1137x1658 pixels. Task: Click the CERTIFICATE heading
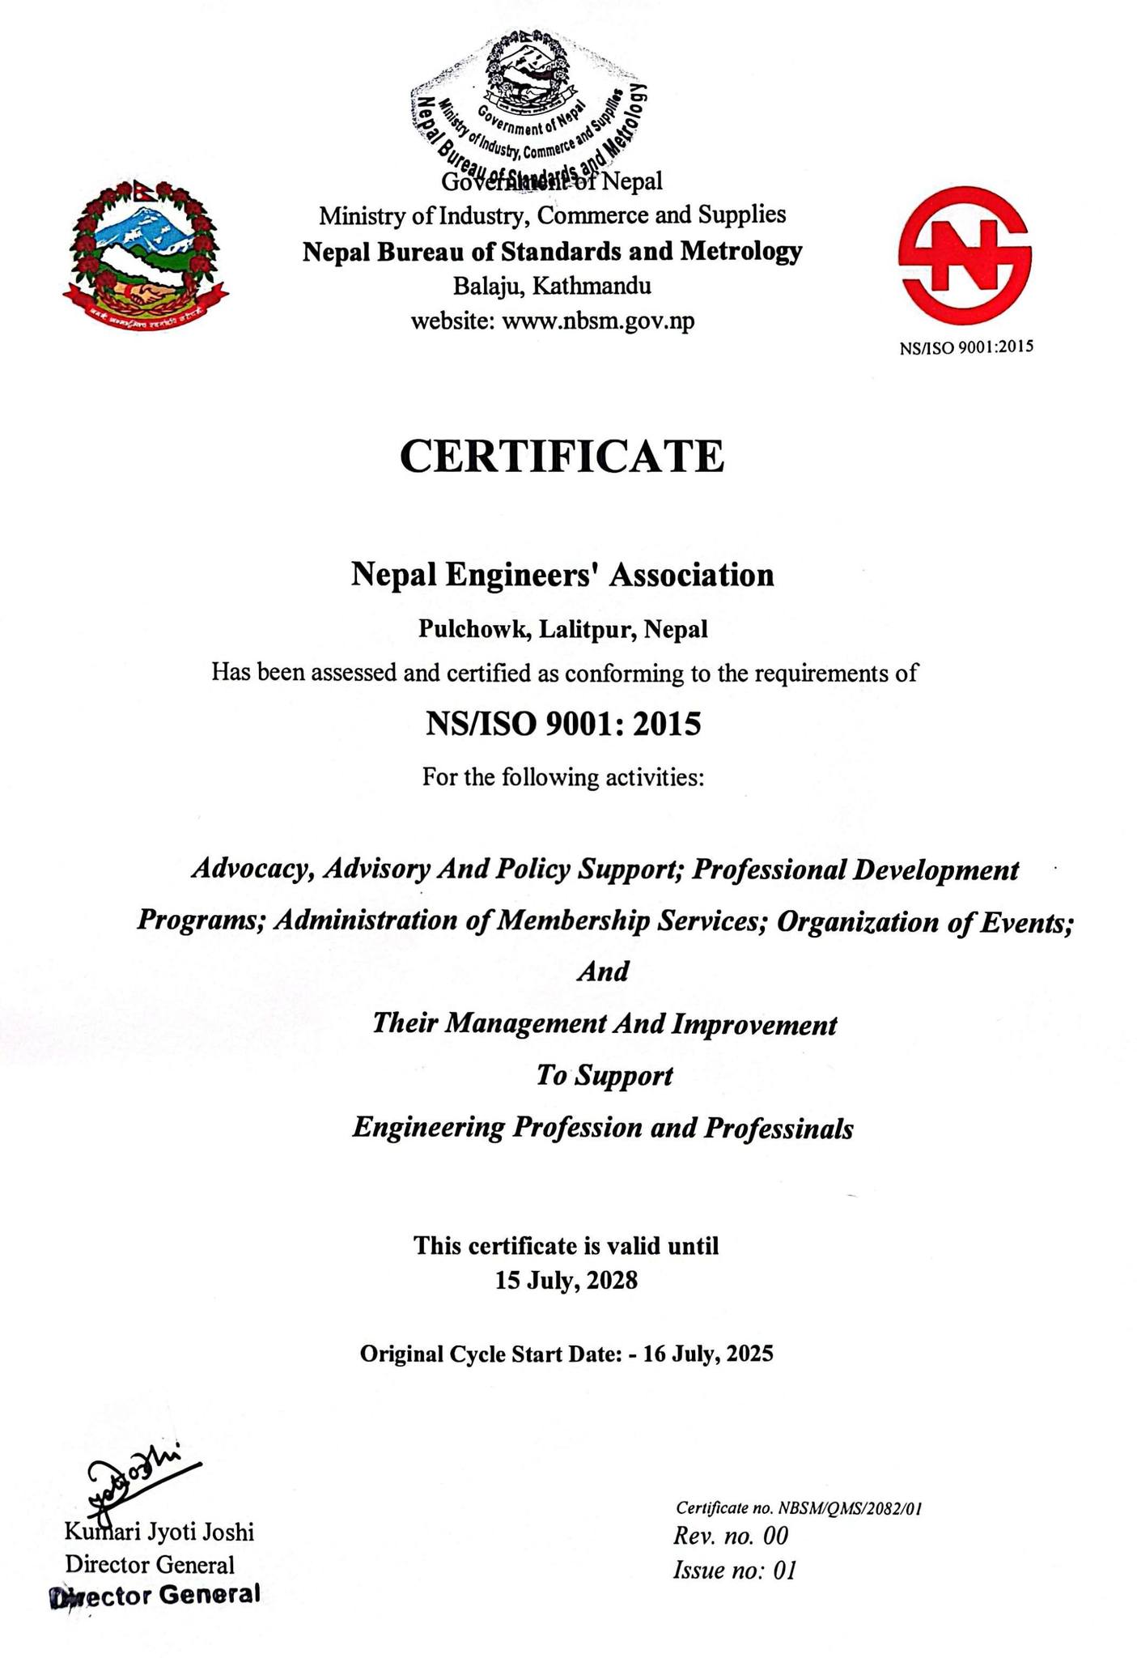tap(562, 457)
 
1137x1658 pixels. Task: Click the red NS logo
tap(965, 253)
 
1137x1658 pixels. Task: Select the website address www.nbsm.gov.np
tap(598, 321)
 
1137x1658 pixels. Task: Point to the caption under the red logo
tap(966, 347)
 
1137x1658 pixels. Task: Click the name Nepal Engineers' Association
tap(562, 575)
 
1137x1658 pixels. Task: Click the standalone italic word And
tap(603, 971)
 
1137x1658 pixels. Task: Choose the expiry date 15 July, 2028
tap(566, 1281)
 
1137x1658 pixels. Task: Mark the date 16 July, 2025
tap(708, 1354)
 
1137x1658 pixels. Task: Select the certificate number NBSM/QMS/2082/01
tap(850, 1508)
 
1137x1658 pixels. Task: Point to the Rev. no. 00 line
tap(730, 1536)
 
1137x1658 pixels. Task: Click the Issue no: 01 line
tap(734, 1571)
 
